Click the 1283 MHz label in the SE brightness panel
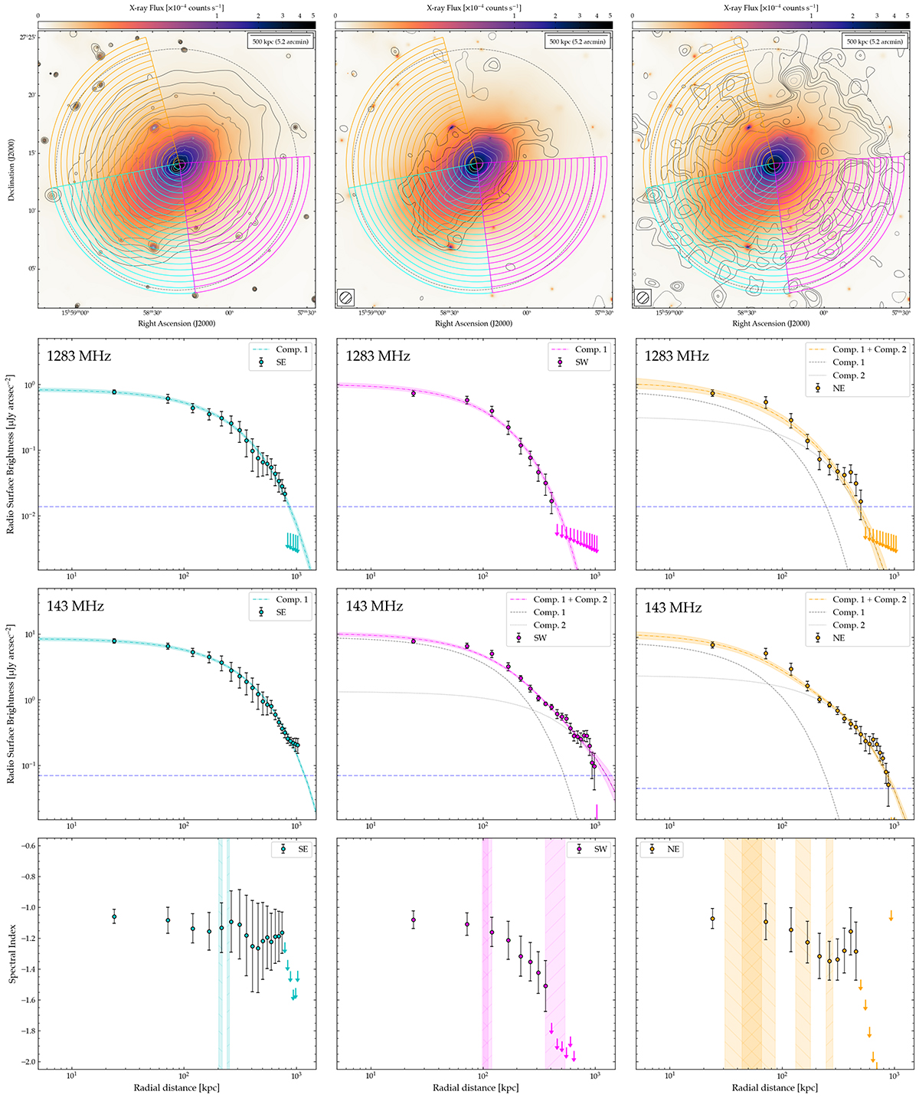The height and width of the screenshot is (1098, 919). point(79,356)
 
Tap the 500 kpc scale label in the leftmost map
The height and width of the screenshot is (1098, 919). point(280,42)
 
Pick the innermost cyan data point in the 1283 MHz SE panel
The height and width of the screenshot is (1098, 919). point(114,392)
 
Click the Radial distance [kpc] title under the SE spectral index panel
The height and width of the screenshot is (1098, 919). point(176,1088)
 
